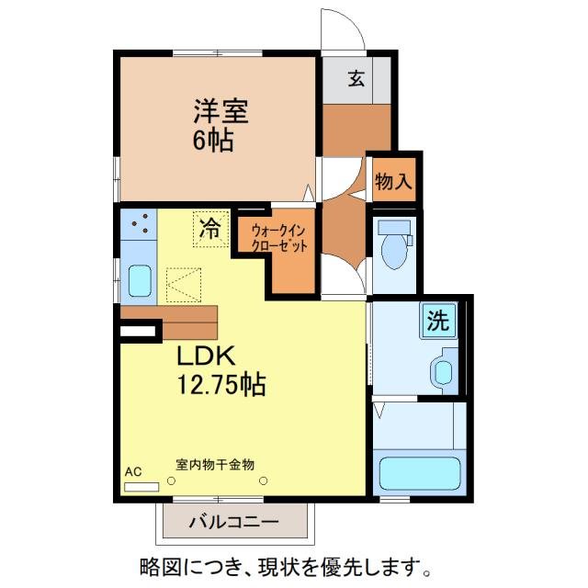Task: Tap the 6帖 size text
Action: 212,141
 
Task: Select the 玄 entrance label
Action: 356,79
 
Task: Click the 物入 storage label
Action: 393,181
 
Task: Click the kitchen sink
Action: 139,279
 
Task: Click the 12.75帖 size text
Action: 221,386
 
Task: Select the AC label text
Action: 133,471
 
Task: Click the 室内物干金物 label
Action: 215,465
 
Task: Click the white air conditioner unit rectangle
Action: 141,484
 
